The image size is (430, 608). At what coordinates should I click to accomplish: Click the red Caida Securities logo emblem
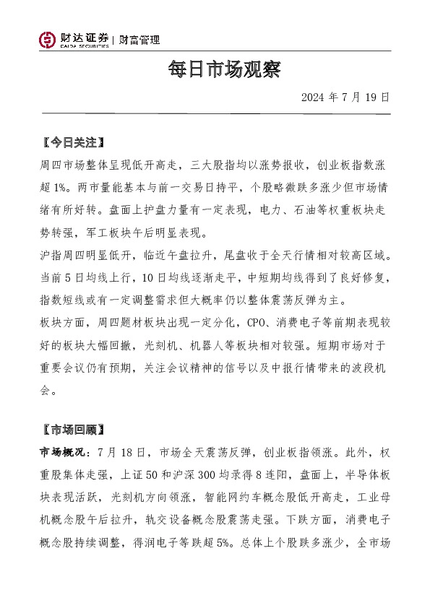pos(48,40)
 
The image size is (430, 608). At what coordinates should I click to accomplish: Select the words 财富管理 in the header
pos(139,40)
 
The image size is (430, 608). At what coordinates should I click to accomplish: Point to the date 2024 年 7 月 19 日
pos(345,97)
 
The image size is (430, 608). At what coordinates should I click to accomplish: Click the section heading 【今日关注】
pos(74,142)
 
